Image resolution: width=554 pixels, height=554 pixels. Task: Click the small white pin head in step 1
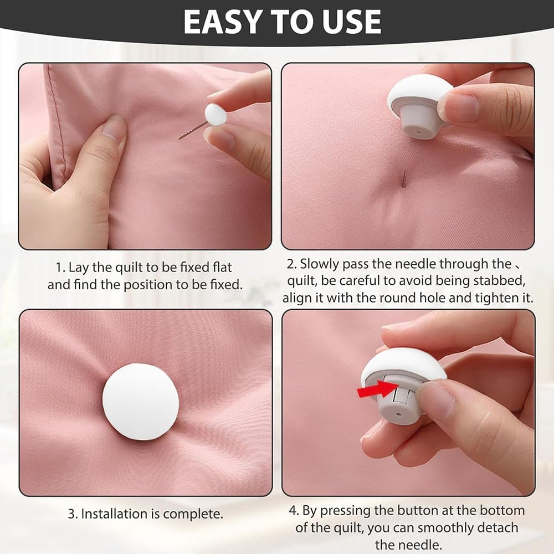pos(216,114)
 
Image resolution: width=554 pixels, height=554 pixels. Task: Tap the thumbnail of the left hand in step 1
pos(114,129)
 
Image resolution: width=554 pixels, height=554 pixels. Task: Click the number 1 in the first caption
pos(58,268)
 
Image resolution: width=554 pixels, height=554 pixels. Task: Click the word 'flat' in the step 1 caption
pos(222,268)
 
